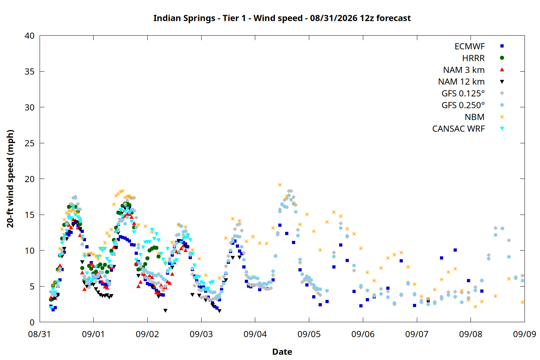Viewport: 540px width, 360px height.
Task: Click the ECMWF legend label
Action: click(x=469, y=46)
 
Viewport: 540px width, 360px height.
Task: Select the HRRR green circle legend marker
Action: click(x=502, y=58)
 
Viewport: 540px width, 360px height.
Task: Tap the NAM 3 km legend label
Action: click(x=464, y=70)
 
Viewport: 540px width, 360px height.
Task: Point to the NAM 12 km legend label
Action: click(x=462, y=82)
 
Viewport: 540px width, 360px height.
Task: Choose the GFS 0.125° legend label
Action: click(x=463, y=93)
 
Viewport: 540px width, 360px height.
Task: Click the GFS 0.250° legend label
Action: click(x=463, y=105)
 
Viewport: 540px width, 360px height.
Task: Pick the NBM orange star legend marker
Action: click(x=502, y=117)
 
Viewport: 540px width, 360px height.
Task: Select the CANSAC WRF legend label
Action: click(x=459, y=129)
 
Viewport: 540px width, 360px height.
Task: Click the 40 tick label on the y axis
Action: click(x=30, y=36)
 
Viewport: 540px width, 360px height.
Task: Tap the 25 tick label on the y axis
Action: click(x=30, y=143)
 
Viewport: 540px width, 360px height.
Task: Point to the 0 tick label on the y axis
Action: click(x=32, y=323)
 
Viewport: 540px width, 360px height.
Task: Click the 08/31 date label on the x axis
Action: click(x=39, y=334)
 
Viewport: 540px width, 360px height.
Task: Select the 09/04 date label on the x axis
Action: click(x=255, y=334)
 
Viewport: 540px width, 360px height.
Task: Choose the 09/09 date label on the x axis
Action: click(x=525, y=334)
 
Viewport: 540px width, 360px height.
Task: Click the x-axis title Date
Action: click(x=282, y=352)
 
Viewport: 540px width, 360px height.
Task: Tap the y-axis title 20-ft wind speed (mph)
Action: click(x=10, y=179)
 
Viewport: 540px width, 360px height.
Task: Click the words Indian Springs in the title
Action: click(x=184, y=18)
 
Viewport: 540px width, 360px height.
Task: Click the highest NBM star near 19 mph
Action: click(x=280, y=185)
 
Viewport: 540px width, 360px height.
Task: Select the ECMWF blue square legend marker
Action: click(x=502, y=46)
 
